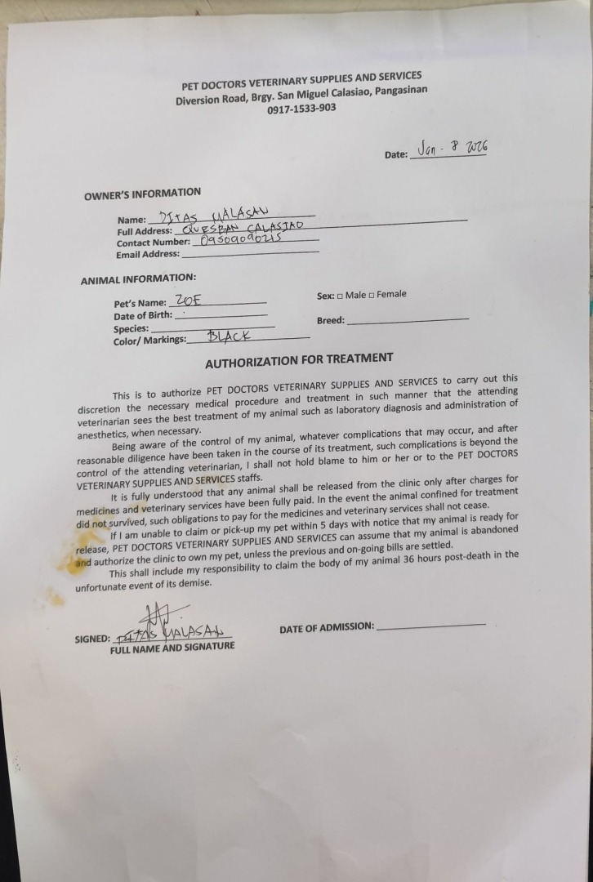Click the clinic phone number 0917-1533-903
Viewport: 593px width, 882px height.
(301, 109)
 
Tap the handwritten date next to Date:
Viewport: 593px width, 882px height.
(452, 149)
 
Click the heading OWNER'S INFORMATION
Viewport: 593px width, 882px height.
(142, 194)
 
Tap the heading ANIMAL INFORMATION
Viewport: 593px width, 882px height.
(138, 278)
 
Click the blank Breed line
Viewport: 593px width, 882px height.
(408, 319)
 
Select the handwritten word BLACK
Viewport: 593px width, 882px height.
(229, 336)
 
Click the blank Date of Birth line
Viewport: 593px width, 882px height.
(221, 314)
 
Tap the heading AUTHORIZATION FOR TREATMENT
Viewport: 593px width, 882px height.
(298, 360)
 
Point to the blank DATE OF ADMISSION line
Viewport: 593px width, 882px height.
(431, 626)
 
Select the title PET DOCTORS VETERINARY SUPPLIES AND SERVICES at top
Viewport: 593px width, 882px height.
(301, 82)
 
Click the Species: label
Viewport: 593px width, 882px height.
(131, 328)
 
